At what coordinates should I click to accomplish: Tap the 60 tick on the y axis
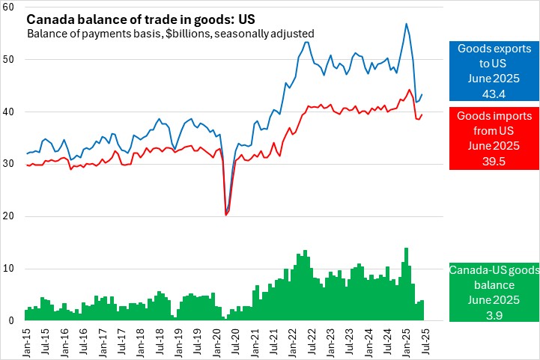[x=12, y=7]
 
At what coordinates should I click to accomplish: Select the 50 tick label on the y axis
[x=12, y=59]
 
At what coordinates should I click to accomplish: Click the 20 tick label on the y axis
[x=12, y=216]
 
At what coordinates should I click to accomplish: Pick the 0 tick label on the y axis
[x=14, y=321]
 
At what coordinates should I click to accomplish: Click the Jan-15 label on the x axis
[x=28, y=340]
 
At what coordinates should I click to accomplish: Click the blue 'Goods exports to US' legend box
[x=494, y=71]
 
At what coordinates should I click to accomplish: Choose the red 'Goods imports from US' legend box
[x=494, y=138]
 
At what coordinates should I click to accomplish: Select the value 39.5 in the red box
[x=494, y=161]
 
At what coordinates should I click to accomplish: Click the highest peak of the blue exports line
[x=406, y=23]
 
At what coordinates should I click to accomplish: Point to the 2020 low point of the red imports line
[x=225, y=215]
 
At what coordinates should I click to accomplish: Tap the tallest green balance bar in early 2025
[x=406, y=248]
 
